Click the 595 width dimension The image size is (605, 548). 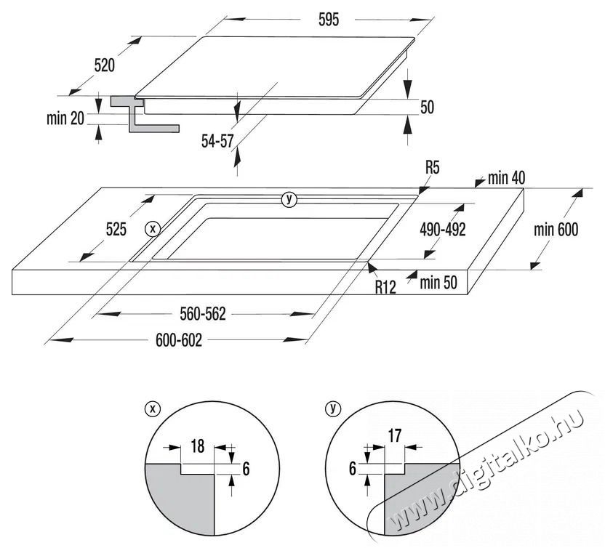[328, 20]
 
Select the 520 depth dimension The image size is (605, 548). [105, 65]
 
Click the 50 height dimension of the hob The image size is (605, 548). [427, 108]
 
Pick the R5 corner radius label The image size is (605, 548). [433, 169]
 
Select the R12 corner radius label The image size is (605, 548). [385, 287]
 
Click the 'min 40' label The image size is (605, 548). [506, 177]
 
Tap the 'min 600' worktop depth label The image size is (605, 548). [556, 230]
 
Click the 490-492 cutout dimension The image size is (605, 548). [442, 229]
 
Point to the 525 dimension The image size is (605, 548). [116, 230]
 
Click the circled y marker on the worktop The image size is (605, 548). [290, 199]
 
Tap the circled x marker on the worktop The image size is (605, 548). [152, 228]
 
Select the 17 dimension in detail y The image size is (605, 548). [393, 437]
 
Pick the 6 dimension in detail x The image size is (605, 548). [245, 469]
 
